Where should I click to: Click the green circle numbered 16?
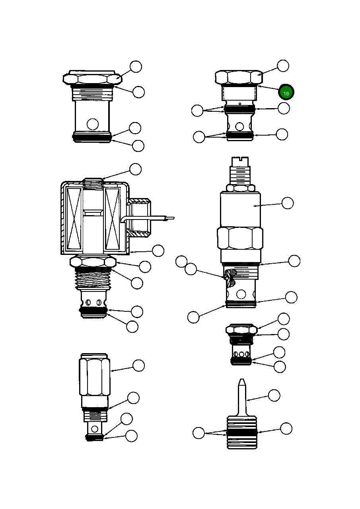click(x=286, y=92)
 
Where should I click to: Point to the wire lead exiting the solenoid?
click(x=159, y=218)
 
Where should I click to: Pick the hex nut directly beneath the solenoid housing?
click(x=93, y=262)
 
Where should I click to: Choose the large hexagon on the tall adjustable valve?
click(x=240, y=238)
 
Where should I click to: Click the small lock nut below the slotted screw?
click(x=240, y=188)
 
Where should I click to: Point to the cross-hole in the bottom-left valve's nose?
click(x=95, y=429)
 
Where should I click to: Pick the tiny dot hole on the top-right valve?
click(x=240, y=104)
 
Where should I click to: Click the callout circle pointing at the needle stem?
click(x=274, y=395)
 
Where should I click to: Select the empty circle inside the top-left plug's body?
click(x=93, y=124)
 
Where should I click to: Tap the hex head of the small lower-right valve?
click(x=241, y=330)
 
